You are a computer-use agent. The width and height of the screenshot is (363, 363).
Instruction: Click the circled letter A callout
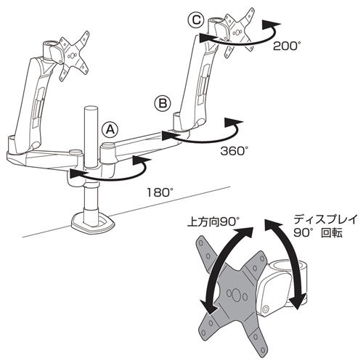pos(110,130)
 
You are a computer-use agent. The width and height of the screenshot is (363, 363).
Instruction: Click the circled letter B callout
pos(163,104)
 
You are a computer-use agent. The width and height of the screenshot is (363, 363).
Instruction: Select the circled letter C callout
pos(196,20)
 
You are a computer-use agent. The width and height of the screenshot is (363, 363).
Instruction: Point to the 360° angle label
pos(234,152)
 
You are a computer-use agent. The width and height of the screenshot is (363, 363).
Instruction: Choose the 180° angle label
pos(160,192)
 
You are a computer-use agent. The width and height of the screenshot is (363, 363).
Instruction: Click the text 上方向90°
pos(213,221)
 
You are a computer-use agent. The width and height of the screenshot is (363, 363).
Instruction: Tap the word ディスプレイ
pos(325,220)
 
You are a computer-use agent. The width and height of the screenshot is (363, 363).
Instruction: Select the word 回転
pos(331,233)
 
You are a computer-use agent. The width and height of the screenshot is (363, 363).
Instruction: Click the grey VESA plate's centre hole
pos(236,295)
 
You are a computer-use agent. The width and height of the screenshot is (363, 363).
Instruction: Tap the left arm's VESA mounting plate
pos(75,56)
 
